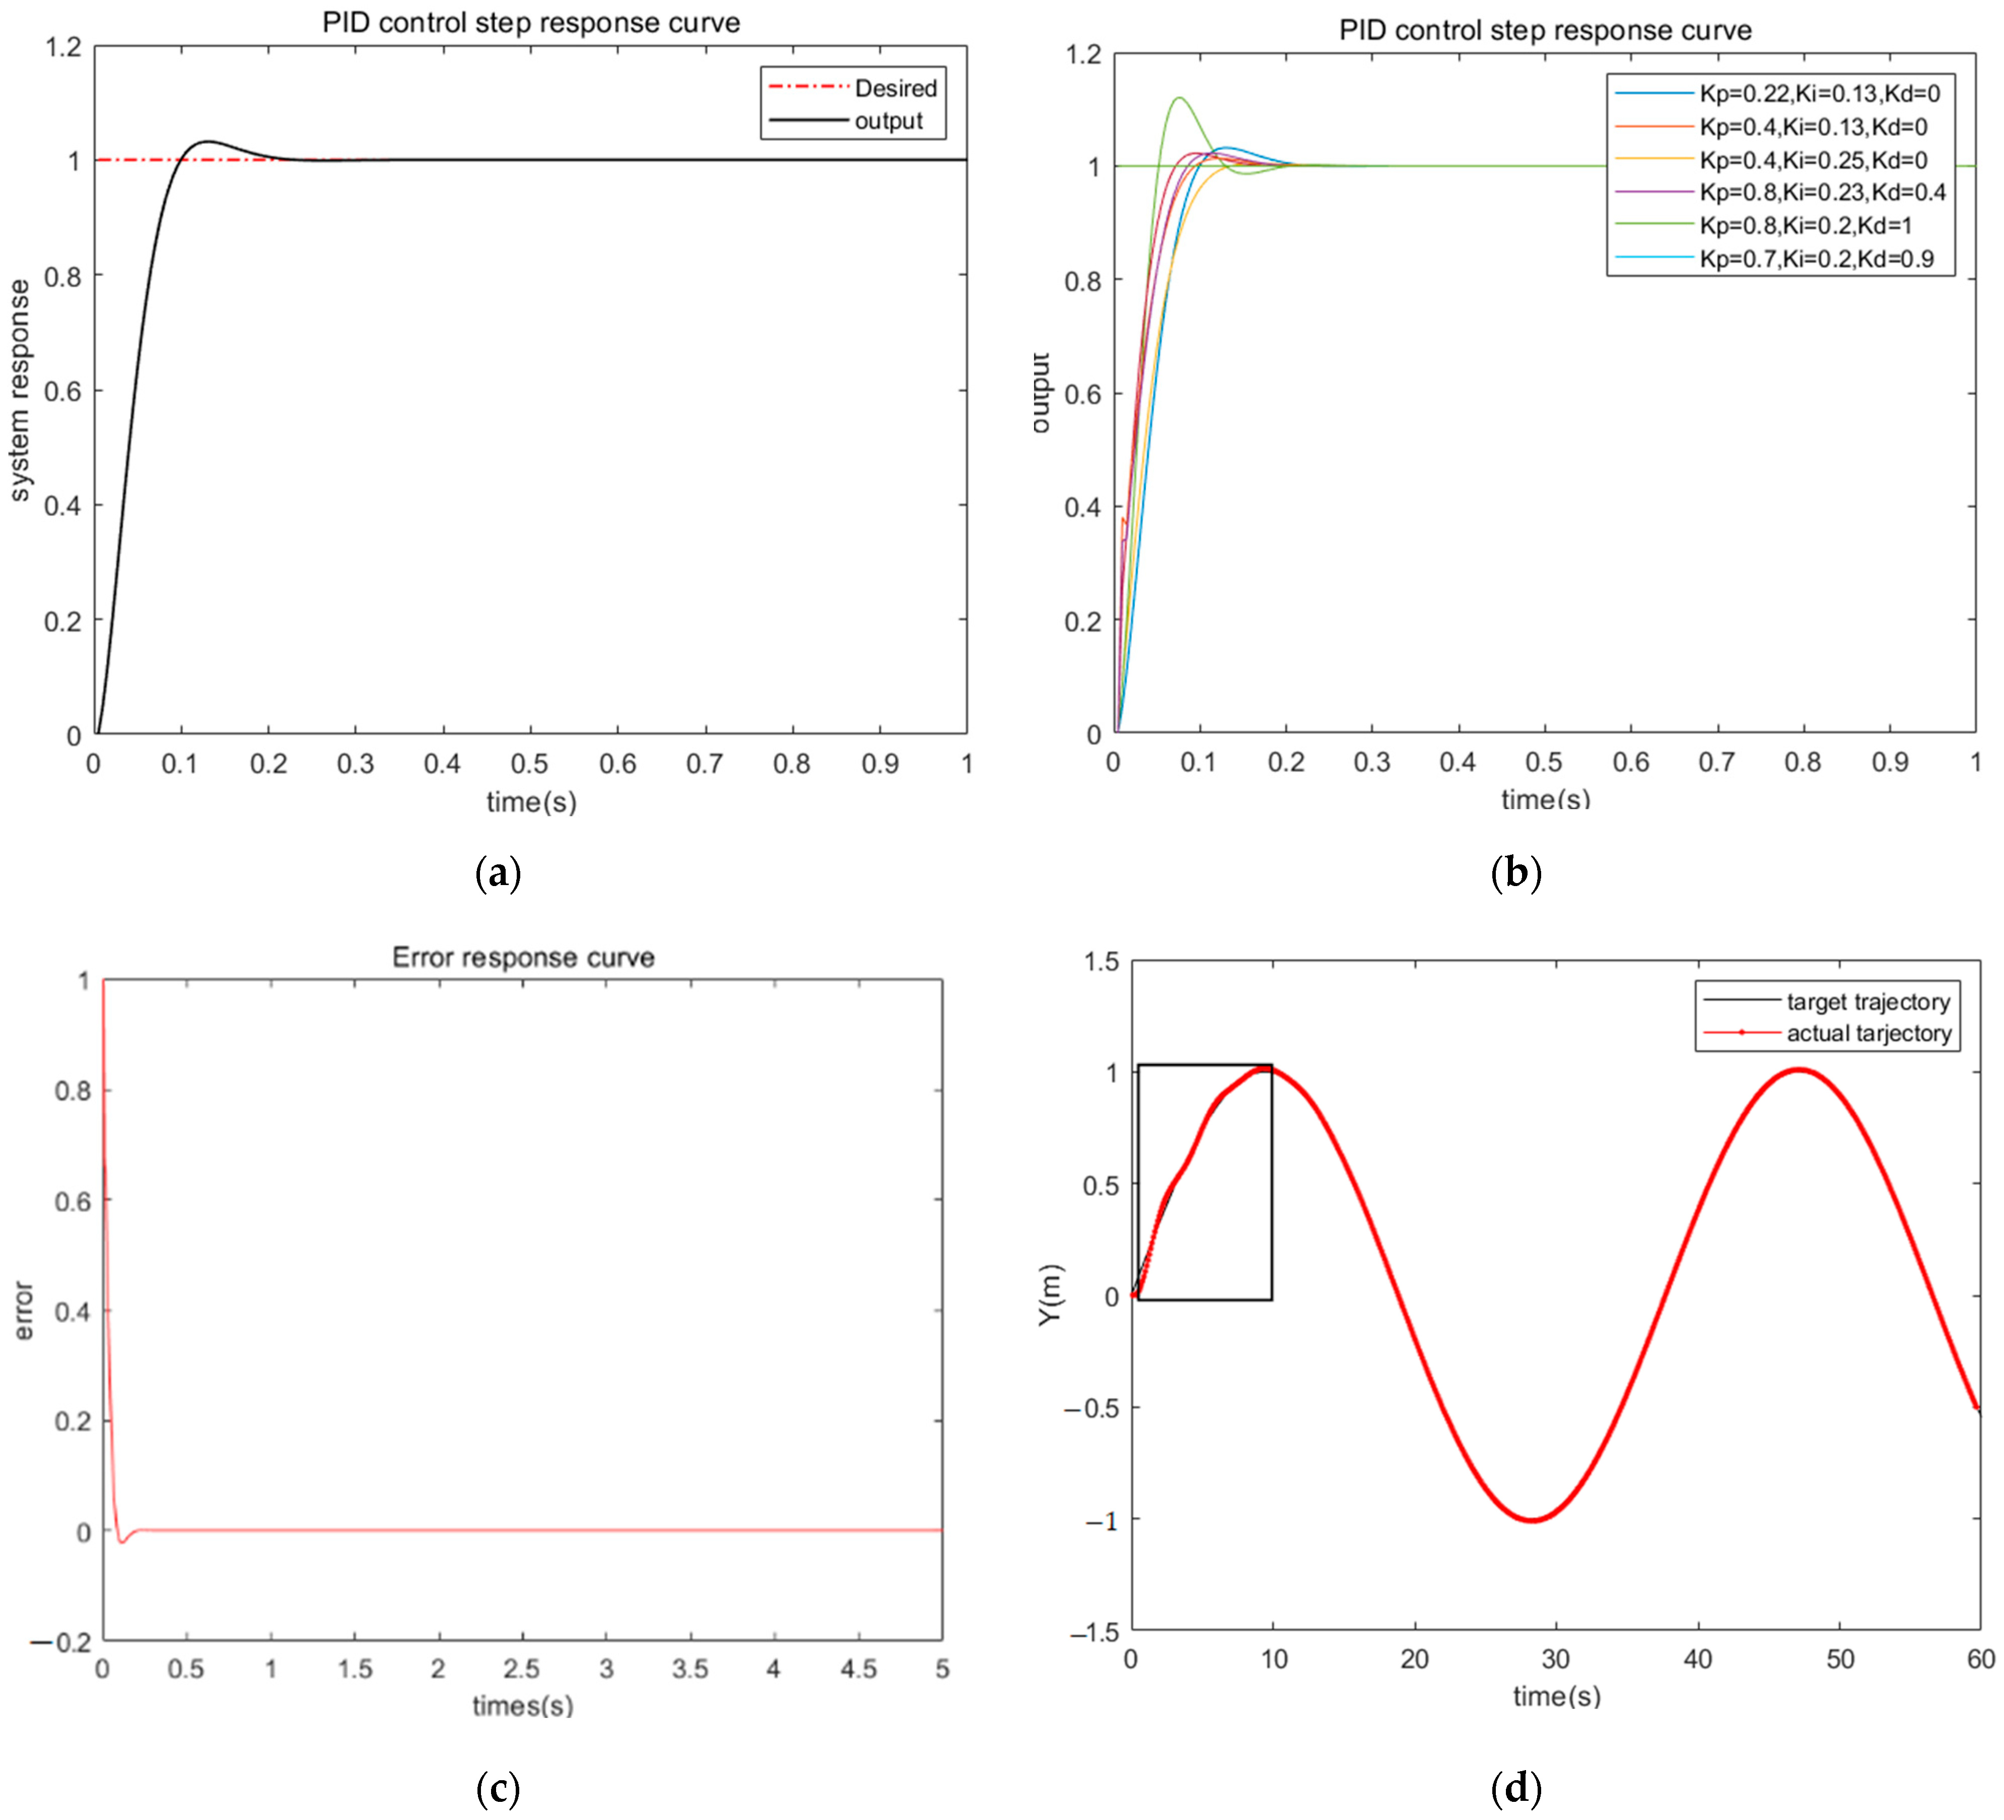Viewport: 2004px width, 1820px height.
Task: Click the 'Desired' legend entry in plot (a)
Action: pyautogui.click(x=894, y=89)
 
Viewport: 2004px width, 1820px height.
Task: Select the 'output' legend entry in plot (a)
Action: pyautogui.click(x=888, y=121)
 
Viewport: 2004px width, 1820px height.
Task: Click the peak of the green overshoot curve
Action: pyautogui.click(x=1179, y=97)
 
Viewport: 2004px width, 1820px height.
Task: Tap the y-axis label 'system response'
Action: pyautogui.click(x=20, y=390)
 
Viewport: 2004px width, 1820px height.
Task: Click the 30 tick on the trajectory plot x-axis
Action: pyautogui.click(x=1556, y=1659)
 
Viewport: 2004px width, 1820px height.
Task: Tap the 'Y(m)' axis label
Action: pyautogui.click(x=1051, y=1295)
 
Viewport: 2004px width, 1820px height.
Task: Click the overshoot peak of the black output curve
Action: pyautogui.click(x=209, y=141)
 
